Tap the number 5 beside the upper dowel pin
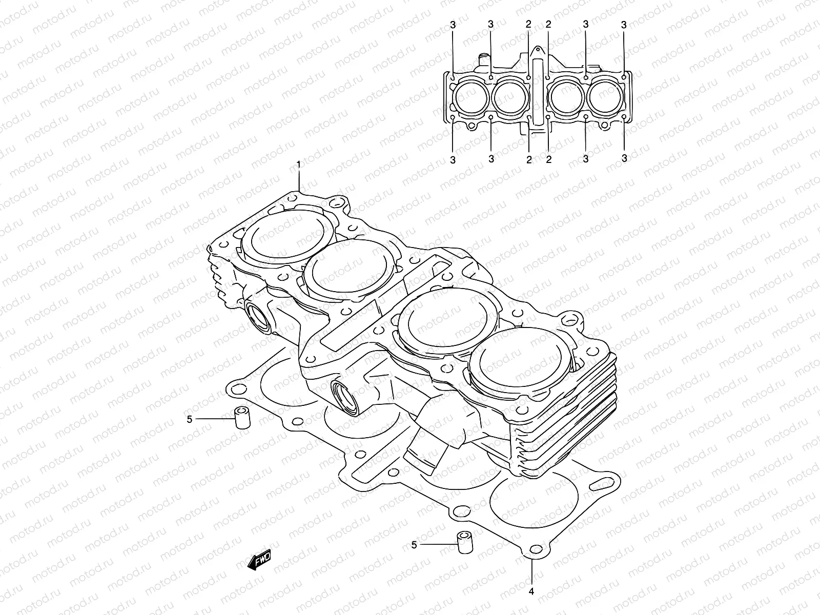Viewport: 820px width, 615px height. click(x=190, y=419)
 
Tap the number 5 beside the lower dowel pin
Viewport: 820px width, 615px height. click(x=414, y=545)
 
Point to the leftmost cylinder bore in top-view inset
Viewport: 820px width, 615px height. click(x=470, y=97)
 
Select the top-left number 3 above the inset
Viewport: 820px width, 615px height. click(x=453, y=24)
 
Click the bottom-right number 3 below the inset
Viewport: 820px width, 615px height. click(x=624, y=158)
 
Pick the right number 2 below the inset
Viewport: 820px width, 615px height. click(x=548, y=159)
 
